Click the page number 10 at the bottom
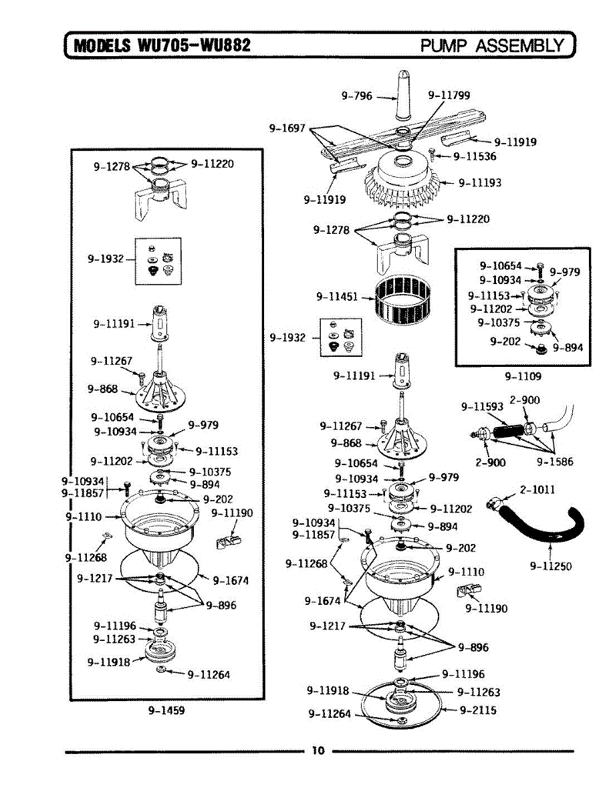pyautogui.click(x=318, y=751)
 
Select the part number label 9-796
pyautogui.click(x=356, y=96)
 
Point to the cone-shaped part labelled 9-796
pyautogui.click(x=405, y=97)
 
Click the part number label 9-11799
pyautogui.click(x=449, y=95)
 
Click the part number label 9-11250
pyautogui.click(x=551, y=566)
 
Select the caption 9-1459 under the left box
pyautogui.click(x=166, y=710)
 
